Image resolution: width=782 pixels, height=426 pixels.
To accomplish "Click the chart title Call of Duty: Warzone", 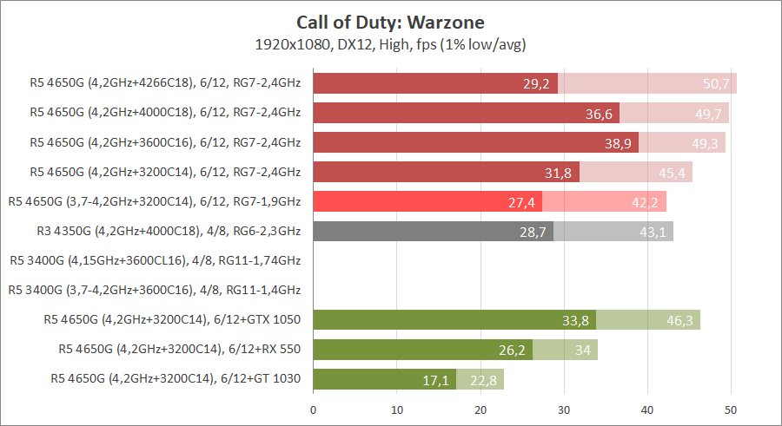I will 390,22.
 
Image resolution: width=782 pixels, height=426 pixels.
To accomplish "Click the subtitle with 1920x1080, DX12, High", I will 390,43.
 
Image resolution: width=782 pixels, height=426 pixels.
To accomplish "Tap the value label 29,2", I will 536,84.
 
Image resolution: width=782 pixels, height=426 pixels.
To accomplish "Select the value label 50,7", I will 718,84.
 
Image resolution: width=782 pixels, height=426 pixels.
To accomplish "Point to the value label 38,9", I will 618,143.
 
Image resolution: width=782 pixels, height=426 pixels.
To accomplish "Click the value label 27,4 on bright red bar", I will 521,202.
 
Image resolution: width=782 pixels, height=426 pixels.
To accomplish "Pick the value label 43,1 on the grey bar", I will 653,232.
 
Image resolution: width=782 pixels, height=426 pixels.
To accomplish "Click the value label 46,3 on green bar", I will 679,321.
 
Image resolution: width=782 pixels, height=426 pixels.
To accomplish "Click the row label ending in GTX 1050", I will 172,319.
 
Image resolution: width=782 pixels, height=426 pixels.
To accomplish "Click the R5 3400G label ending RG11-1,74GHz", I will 155,260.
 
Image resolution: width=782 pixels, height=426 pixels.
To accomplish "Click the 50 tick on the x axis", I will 731,408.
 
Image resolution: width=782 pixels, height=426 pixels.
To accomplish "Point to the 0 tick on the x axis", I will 313,408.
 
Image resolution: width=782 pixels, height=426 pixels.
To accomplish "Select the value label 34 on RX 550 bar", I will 581,351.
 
